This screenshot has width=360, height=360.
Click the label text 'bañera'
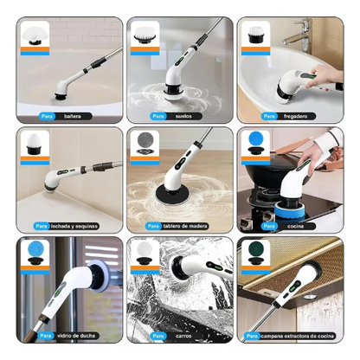[x=73, y=115]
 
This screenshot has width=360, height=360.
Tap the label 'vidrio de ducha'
[x=76, y=337]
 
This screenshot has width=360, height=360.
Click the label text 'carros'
[x=183, y=337]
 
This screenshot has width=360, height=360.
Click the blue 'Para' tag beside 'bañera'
[x=46, y=115]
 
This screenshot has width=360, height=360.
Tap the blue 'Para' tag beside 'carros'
[x=157, y=337]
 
